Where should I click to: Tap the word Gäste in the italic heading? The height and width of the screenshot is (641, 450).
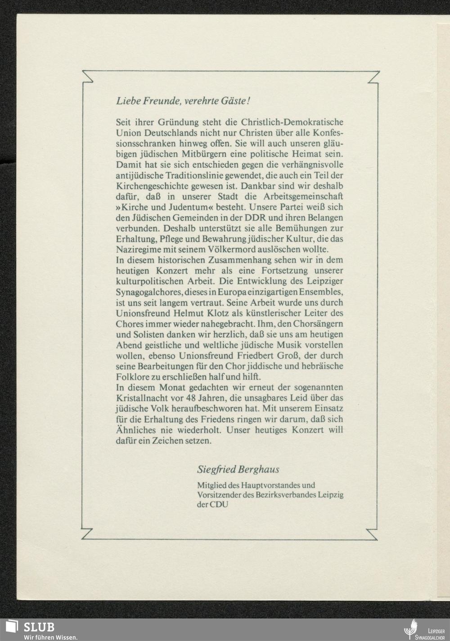232,101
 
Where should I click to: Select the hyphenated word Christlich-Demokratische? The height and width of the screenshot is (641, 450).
292,122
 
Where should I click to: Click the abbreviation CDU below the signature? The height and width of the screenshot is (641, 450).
219,504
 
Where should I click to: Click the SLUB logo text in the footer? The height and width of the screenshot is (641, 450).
39,627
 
